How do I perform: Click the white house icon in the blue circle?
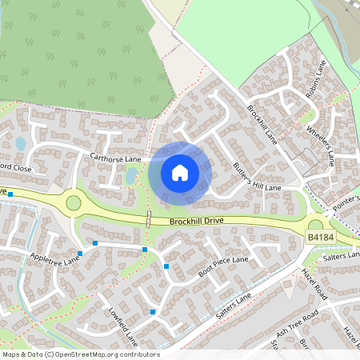[x=180, y=172]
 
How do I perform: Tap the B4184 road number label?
[x=319, y=238]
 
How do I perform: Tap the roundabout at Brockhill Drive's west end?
[x=74, y=202]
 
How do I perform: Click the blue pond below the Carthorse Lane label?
[x=131, y=175]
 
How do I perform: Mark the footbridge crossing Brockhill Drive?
[x=149, y=219]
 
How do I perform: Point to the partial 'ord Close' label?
[x=15, y=169]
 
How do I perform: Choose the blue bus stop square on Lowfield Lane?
[x=152, y=312]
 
